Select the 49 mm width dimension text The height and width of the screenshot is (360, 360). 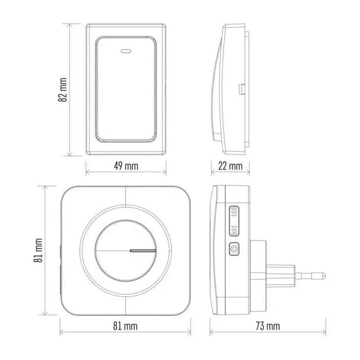point(125,166)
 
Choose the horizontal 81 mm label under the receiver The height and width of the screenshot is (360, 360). point(125,326)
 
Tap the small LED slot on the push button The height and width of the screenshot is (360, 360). point(125,51)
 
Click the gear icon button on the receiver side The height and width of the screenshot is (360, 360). point(234,250)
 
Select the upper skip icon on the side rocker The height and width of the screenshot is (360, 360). point(234,211)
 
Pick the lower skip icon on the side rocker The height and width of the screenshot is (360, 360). point(234,229)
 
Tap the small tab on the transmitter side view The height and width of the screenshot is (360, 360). point(240,89)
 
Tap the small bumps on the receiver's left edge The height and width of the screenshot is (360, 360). point(60,257)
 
